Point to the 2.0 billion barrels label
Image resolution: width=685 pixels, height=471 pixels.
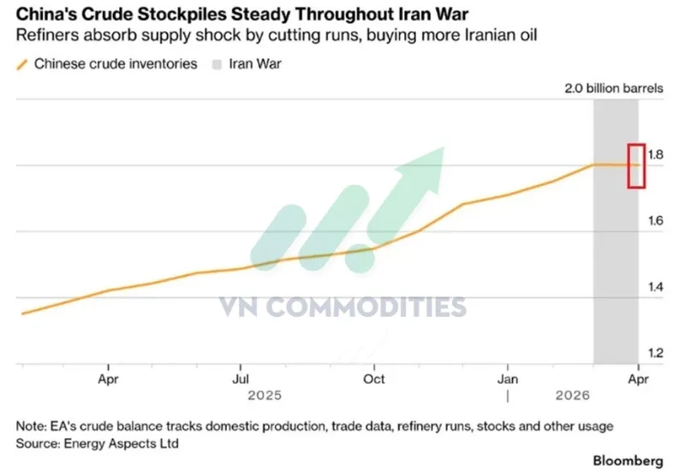pos(611,88)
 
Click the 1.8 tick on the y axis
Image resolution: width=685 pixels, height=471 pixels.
pos(657,155)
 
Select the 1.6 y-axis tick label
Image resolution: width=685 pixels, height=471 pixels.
pos(657,221)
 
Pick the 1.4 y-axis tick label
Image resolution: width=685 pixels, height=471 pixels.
pos(657,287)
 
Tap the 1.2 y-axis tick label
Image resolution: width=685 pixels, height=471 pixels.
pos(657,353)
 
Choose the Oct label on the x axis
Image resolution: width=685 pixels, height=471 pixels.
pos(374,379)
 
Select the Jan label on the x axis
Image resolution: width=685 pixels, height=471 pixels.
pos(508,379)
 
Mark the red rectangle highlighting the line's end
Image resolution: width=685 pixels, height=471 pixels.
pos(636,164)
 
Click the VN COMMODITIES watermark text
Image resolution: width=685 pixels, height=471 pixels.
pos(342,307)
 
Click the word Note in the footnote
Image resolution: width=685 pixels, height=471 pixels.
pos(31,426)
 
